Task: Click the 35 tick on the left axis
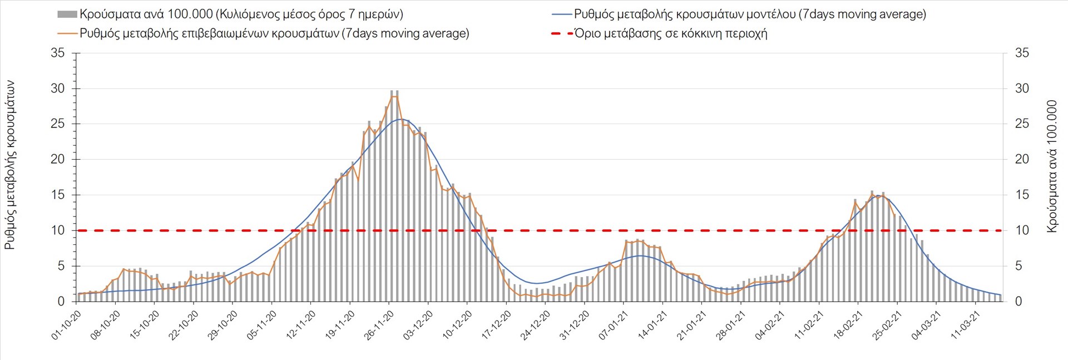[57, 53]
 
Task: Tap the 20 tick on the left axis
[57, 160]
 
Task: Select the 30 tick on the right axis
[1022, 88]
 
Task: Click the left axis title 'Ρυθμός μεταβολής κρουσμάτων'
[10, 165]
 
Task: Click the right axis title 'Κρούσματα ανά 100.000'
[1052, 166]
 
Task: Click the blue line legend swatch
[561, 14]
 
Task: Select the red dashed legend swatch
[561, 33]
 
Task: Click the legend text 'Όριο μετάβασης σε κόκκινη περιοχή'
[671, 33]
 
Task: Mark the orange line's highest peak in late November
[394, 96]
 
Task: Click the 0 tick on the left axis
[61, 302]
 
